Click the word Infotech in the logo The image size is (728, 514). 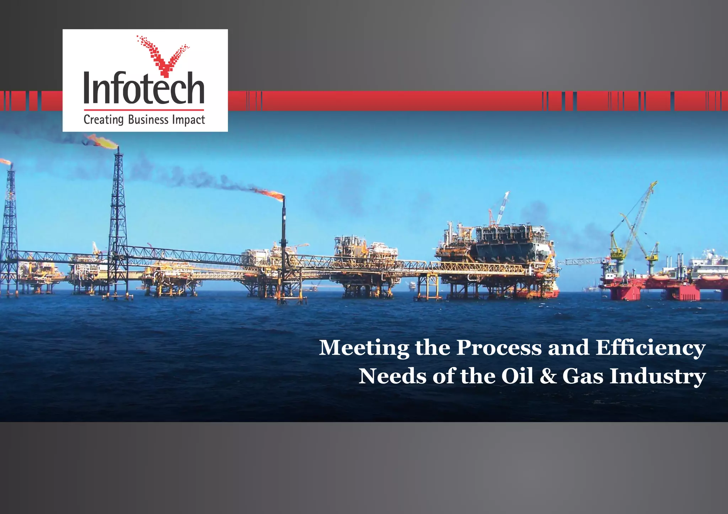coord(144,88)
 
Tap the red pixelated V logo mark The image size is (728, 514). coord(163,57)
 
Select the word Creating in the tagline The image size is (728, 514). coord(103,120)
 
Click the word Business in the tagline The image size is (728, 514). coord(148,120)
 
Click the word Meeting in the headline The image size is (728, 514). coord(364,348)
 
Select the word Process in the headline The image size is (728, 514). coord(499,348)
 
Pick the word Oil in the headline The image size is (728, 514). coord(517,376)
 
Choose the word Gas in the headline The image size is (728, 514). coord(583,376)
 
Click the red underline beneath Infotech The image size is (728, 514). coord(144,110)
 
